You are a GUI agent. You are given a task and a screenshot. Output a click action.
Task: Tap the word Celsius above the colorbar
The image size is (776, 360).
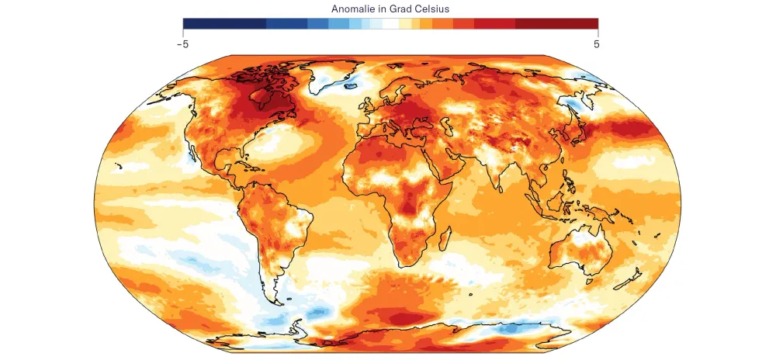click(431, 9)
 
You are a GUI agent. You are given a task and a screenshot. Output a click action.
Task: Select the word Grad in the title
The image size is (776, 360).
click(397, 9)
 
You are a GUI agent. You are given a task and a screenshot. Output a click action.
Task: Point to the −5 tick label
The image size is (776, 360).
click(182, 44)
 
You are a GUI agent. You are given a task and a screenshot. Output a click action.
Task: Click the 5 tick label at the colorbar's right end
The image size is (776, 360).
click(597, 44)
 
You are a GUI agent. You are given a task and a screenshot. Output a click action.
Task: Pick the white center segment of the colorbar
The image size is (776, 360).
click(390, 23)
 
